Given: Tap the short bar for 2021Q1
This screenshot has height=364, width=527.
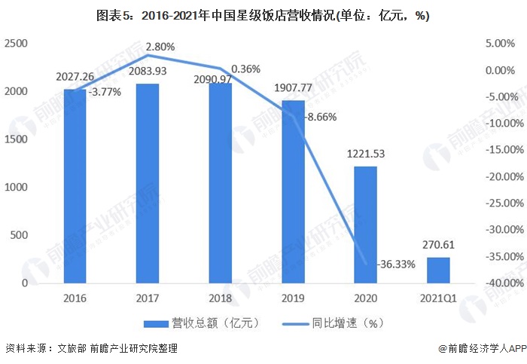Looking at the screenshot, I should tap(438, 270).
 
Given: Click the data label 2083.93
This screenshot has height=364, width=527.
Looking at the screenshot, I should tap(148, 72).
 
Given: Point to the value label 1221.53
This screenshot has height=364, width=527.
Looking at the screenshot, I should tap(366, 154).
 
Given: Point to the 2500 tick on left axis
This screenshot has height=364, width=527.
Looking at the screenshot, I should tap(15, 44).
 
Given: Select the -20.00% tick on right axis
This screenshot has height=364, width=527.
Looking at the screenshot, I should tap(505, 176).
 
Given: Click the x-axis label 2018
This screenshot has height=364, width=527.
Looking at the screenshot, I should tap(220, 298).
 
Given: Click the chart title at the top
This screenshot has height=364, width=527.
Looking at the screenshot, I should tap(263, 16).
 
